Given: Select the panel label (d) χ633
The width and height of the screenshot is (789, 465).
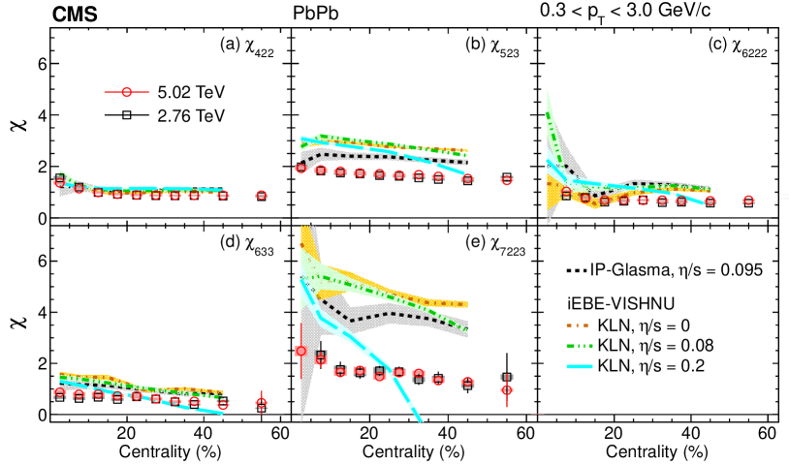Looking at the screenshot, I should click(248, 242).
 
